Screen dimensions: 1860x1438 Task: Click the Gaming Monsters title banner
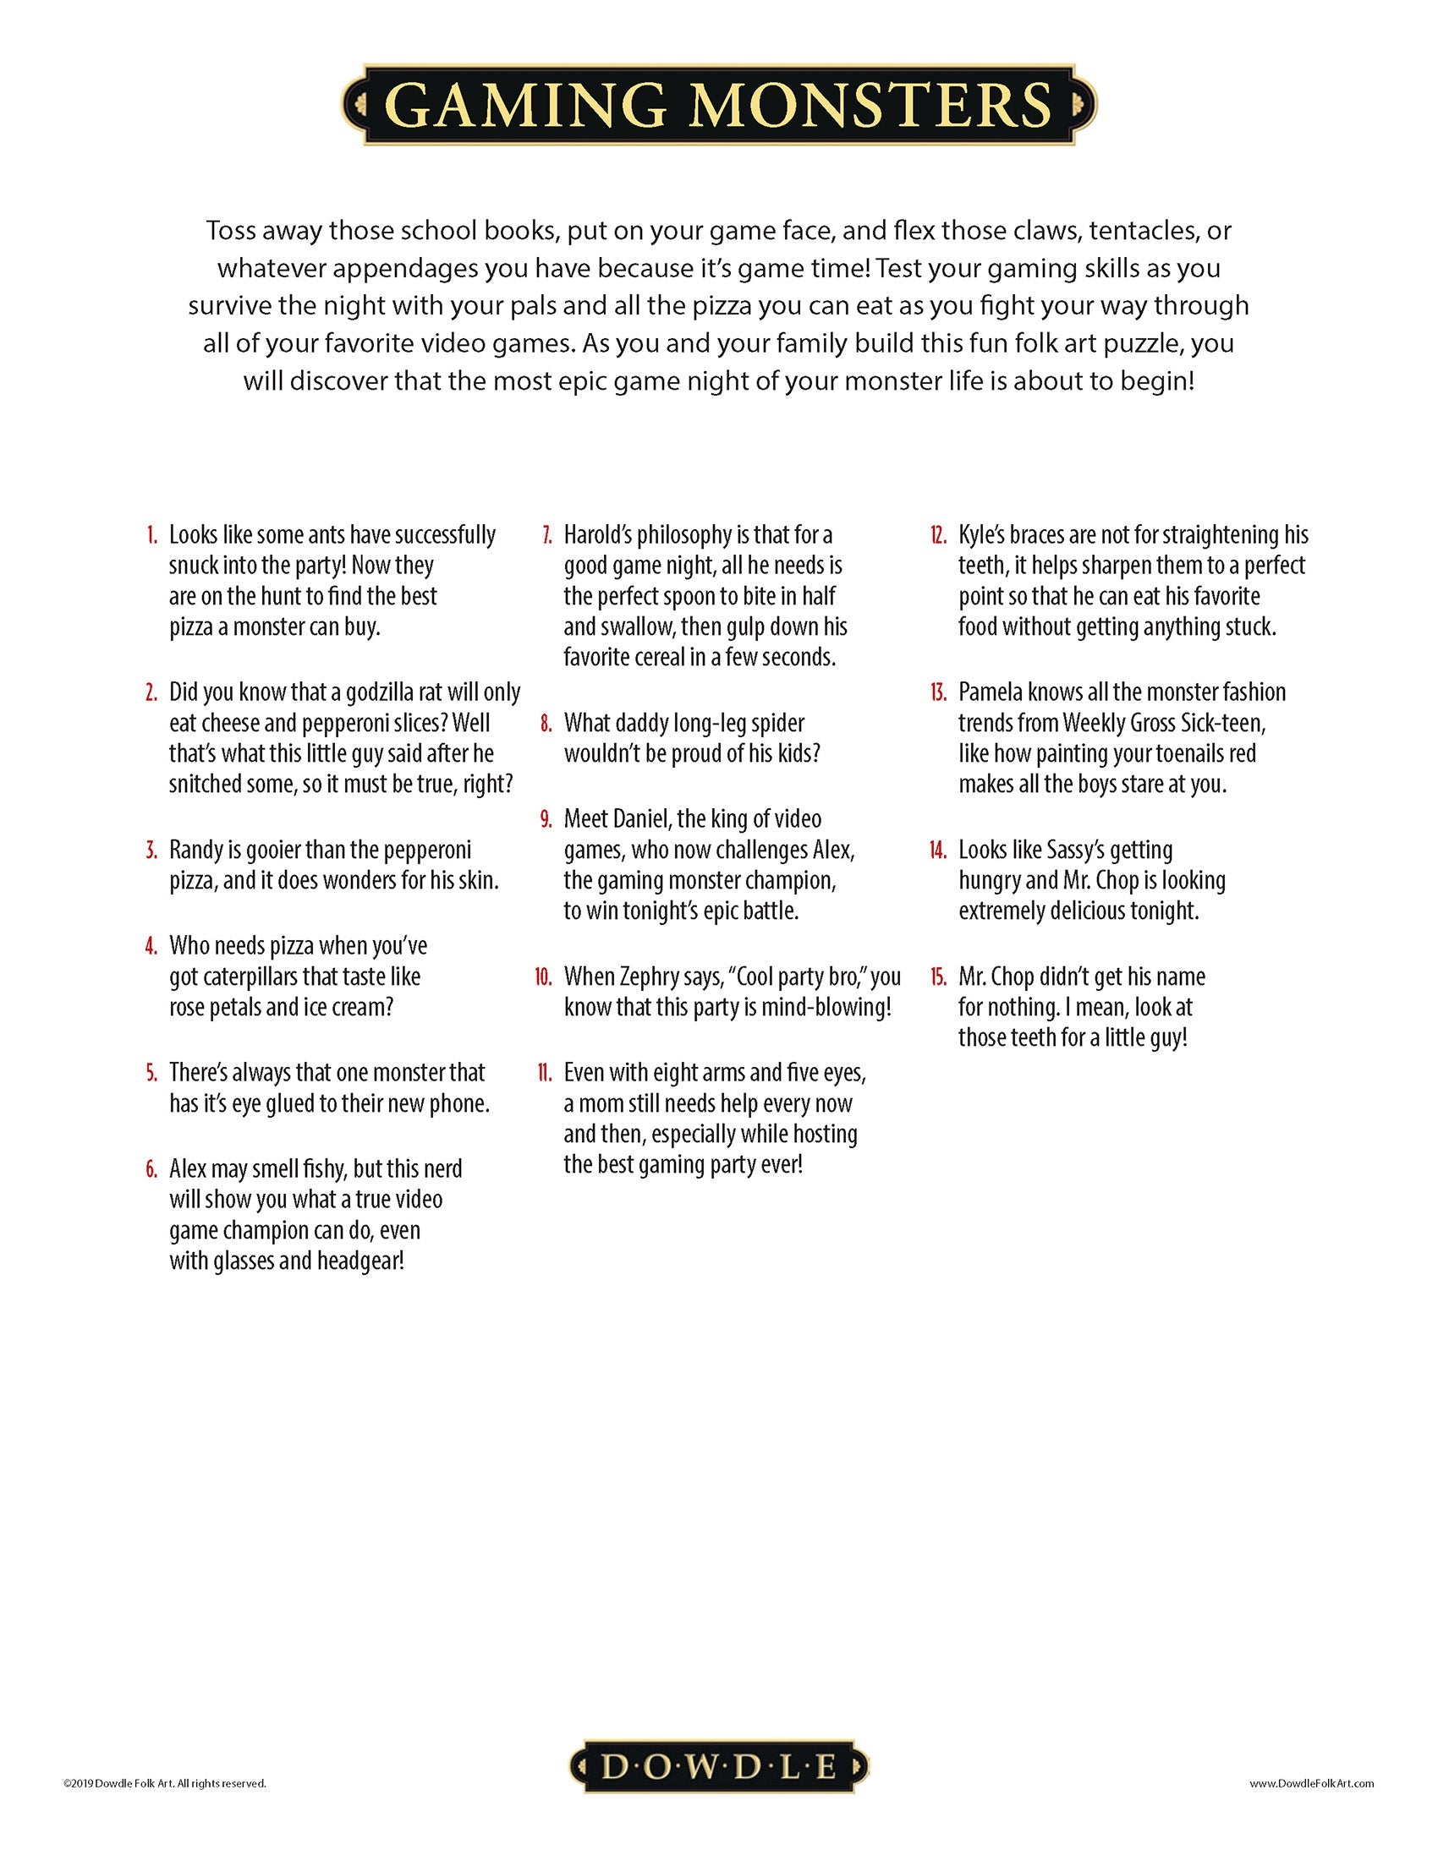pos(718,104)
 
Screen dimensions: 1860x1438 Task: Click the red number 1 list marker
pos(151,536)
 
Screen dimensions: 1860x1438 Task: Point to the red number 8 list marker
pos(546,724)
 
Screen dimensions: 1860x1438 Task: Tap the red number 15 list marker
pos(939,976)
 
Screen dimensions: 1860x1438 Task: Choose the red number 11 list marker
pos(546,1073)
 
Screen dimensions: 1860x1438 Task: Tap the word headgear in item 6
pos(359,1261)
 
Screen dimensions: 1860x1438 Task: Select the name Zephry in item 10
pos(644,976)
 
